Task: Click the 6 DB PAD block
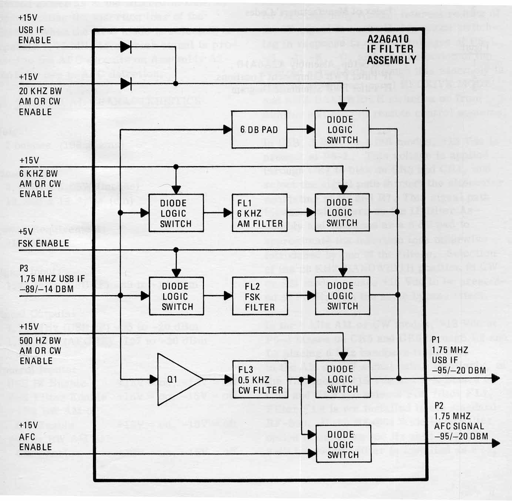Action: click(x=259, y=130)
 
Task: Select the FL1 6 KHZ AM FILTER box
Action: click(x=260, y=213)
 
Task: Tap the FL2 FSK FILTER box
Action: click(x=260, y=296)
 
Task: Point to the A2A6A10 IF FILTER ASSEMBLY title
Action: click(x=391, y=49)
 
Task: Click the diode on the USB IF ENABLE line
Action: click(x=126, y=46)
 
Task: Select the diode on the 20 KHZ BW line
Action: click(x=126, y=84)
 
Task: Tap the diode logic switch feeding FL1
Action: click(x=176, y=213)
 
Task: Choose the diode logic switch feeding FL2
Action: click(x=177, y=296)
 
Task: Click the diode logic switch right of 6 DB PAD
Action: click(x=342, y=130)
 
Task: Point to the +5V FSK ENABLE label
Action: click(x=43, y=238)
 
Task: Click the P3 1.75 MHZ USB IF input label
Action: click(x=52, y=279)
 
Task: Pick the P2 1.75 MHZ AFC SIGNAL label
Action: click(x=461, y=421)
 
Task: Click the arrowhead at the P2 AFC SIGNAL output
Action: click(x=496, y=443)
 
